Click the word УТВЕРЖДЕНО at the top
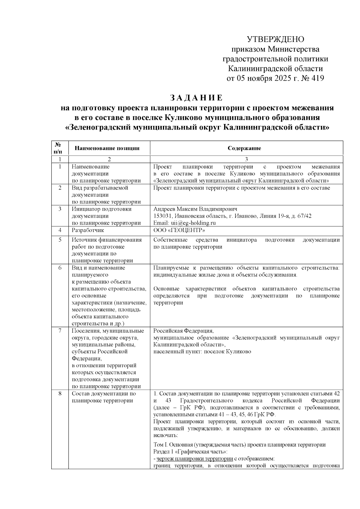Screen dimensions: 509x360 pos(275,40)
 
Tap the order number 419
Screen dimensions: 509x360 pos(317,79)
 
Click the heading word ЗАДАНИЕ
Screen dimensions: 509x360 pos(196,98)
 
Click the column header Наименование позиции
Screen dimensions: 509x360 pos(107,148)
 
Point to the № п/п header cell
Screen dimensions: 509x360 pos(60,148)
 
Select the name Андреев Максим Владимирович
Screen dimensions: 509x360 pos(195,209)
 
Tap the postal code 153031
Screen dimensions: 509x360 pos(162,216)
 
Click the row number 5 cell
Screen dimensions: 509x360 pos(60,240)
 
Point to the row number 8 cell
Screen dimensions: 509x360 pos(60,394)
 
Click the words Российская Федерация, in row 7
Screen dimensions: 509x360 pos(183,331)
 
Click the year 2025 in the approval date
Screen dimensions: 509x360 pos(281,79)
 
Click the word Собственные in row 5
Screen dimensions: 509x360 pos(170,240)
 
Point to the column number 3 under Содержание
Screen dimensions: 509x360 pos(246,159)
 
